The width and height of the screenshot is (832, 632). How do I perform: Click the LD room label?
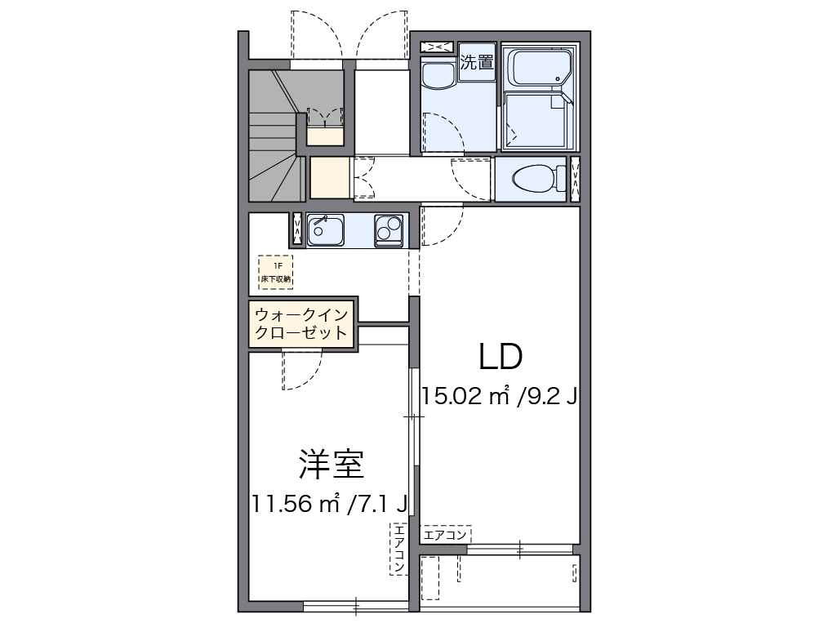tap(500, 356)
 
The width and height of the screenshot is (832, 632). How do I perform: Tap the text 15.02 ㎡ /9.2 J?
tap(500, 396)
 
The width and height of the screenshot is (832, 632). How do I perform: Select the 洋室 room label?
tap(330, 465)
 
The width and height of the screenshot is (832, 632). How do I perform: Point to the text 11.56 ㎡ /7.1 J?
tap(330, 504)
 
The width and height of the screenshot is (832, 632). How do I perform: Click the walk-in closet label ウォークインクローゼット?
tap(302, 324)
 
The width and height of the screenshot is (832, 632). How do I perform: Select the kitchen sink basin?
tap(325, 229)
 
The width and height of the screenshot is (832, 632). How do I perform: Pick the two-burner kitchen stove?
tap(388, 229)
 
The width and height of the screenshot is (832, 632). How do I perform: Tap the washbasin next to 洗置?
tap(439, 76)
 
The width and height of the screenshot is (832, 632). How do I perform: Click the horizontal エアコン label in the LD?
tap(446, 535)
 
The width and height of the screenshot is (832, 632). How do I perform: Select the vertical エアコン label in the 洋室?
tap(398, 548)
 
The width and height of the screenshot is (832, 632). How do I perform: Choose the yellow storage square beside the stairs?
tap(329, 177)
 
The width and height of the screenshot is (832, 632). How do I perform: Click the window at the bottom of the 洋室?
tap(355, 606)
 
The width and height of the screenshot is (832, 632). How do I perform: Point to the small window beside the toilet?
tap(575, 178)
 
